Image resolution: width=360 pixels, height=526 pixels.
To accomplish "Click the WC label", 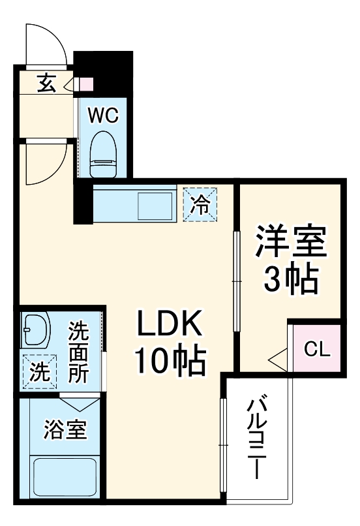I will [103, 116].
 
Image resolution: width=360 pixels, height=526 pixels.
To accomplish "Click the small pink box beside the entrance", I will [86, 84].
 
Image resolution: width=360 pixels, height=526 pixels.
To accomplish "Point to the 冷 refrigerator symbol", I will [201, 204].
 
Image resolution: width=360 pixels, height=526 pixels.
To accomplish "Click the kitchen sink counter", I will [134, 204].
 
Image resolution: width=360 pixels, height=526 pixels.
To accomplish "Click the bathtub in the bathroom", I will [63, 476].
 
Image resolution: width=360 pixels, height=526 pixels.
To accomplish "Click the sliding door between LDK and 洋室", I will [237, 281].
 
